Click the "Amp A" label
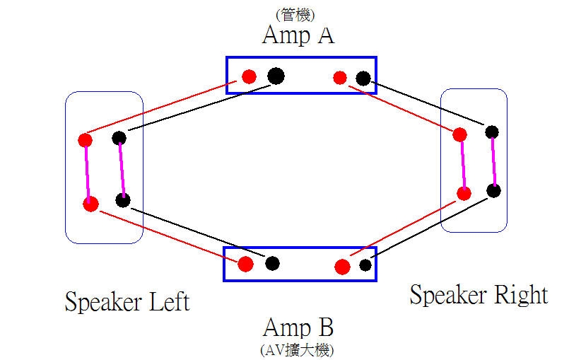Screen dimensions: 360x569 tap(298, 35)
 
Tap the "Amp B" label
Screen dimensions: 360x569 tap(298, 327)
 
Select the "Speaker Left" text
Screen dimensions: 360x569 tap(127, 302)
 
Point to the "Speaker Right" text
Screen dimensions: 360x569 tap(479, 294)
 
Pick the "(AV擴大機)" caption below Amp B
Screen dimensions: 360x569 tap(298, 349)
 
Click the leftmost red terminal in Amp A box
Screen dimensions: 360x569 tap(249, 77)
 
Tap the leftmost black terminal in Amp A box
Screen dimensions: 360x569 tap(275, 75)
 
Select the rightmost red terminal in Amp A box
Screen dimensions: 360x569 tap(340, 78)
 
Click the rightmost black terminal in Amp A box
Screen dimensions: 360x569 tap(363, 79)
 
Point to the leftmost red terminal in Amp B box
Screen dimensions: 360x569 tap(245, 265)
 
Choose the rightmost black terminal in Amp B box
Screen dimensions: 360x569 tap(365, 265)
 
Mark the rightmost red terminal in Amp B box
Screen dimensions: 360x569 tap(342, 267)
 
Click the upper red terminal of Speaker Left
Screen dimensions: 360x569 tap(86, 140)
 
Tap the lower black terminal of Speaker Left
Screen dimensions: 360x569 tap(123, 200)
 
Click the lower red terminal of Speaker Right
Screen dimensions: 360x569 tap(464, 193)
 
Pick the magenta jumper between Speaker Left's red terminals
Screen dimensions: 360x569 tap(88, 172)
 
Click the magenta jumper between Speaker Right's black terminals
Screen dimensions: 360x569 tap(493, 161)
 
